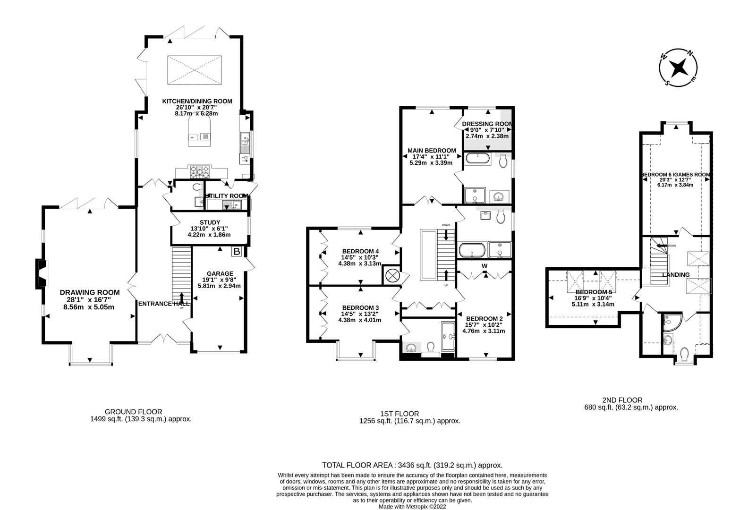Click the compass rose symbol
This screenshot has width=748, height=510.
point(679,68)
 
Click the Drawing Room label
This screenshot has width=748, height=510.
point(90,292)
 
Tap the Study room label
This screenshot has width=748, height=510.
point(210,222)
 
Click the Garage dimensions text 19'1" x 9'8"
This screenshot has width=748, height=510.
point(220,280)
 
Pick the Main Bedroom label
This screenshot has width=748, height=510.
point(431,151)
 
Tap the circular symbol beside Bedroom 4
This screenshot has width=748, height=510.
point(392,275)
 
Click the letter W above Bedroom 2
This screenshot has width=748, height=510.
point(484,266)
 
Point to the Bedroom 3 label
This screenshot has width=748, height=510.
point(360,307)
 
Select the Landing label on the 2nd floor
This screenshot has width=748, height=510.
point(676,274)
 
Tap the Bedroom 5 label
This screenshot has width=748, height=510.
point(594,292)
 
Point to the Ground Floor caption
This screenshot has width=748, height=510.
point(133,412)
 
